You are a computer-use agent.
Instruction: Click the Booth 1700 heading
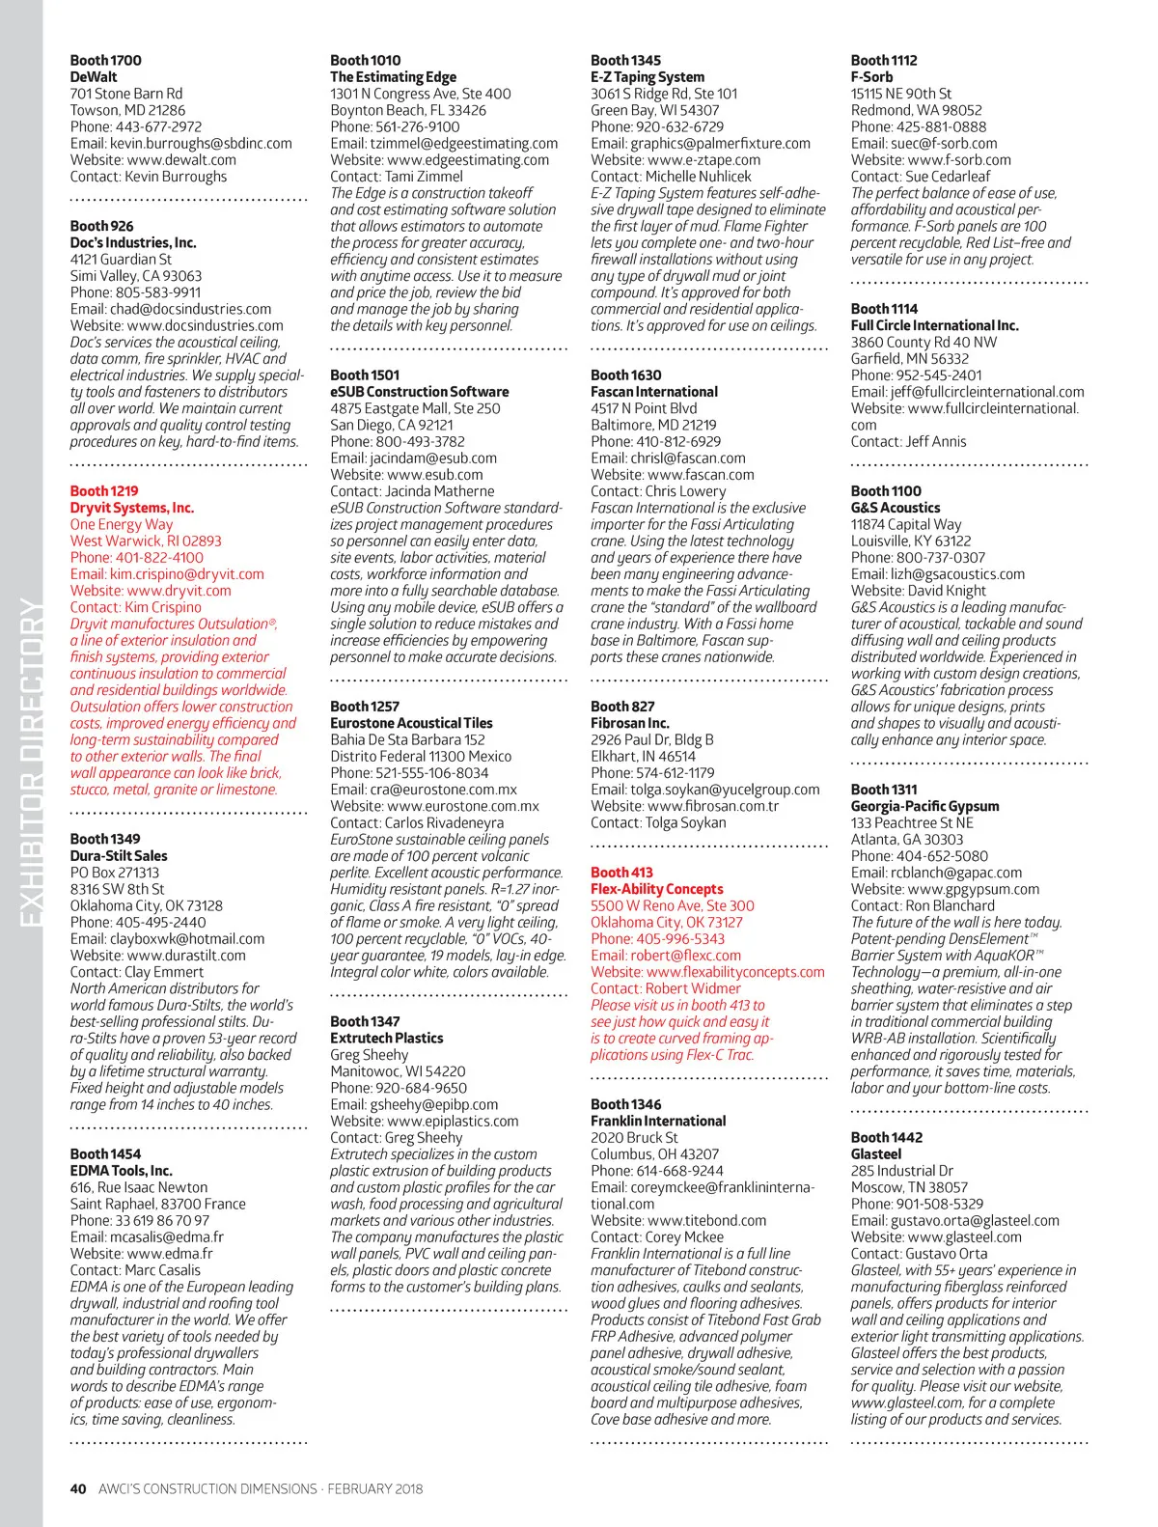coord(105,60)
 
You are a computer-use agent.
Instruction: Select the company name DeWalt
coord(94,77)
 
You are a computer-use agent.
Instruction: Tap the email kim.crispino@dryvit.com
coord(167,574)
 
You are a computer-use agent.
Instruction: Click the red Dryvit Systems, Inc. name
coord(131,508)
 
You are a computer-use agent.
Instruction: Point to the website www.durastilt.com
coord(157,956)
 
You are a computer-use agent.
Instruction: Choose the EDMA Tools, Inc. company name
coord(121,1171)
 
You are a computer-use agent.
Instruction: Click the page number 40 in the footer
coord(78,1488)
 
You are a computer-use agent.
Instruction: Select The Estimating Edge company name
coord(393,77)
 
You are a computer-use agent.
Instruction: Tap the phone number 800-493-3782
coord(398,442)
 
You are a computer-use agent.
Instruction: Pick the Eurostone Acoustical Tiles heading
coord(411,723)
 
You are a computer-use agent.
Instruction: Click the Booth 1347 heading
coord(365,1021)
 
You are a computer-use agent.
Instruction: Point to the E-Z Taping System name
coord(648,77)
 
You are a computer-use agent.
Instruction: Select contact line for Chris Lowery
coord(658,491)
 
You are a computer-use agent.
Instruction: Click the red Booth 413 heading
coord(621,873)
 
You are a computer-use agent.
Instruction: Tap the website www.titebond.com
coord(678,1221)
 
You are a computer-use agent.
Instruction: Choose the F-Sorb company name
coord(871,77)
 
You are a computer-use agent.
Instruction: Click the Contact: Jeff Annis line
coord(908,442)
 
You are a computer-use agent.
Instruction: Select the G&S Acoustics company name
coord(895,508)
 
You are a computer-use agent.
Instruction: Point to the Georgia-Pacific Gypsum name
coord(924,806)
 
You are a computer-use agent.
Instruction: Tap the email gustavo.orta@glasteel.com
coord(954,1221)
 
